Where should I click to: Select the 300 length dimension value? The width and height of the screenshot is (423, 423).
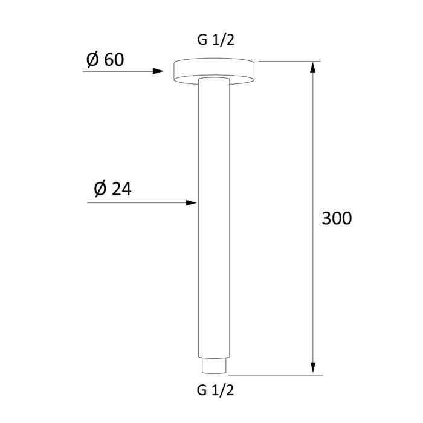coord(336,218)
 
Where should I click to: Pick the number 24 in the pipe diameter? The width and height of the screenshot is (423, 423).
coord(121,189)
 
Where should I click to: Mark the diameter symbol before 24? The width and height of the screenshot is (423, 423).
coord(102,189)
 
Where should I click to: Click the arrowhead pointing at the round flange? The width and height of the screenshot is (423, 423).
coord(159,71)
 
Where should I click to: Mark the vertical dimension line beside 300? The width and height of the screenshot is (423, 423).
coord(313,151)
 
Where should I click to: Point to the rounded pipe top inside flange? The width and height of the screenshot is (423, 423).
coord(214,79)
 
